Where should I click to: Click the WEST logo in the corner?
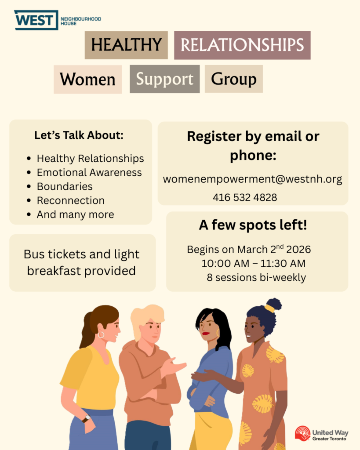click(36, 20)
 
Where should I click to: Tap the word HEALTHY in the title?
click(126, 45)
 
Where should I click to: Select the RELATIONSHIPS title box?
click(242, 45)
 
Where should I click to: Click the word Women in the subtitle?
click(87, 80)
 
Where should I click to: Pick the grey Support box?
click(164, 79)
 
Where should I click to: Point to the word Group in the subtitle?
click(233, 79)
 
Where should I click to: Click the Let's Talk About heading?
click(79, 135)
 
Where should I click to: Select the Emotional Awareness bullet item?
click(89, 172)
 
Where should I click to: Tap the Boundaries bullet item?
click(65, 186)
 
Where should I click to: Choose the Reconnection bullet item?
click(70, 200)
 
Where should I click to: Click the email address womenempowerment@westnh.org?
click(252, 179)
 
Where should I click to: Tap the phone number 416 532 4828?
click(245, 197)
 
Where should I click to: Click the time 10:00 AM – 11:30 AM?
click(253, 264)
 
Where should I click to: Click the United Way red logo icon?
click(302, 433)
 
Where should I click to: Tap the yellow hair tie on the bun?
click(269, 308)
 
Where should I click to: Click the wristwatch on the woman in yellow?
click(86, 419)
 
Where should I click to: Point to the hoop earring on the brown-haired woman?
click(101, 335)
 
